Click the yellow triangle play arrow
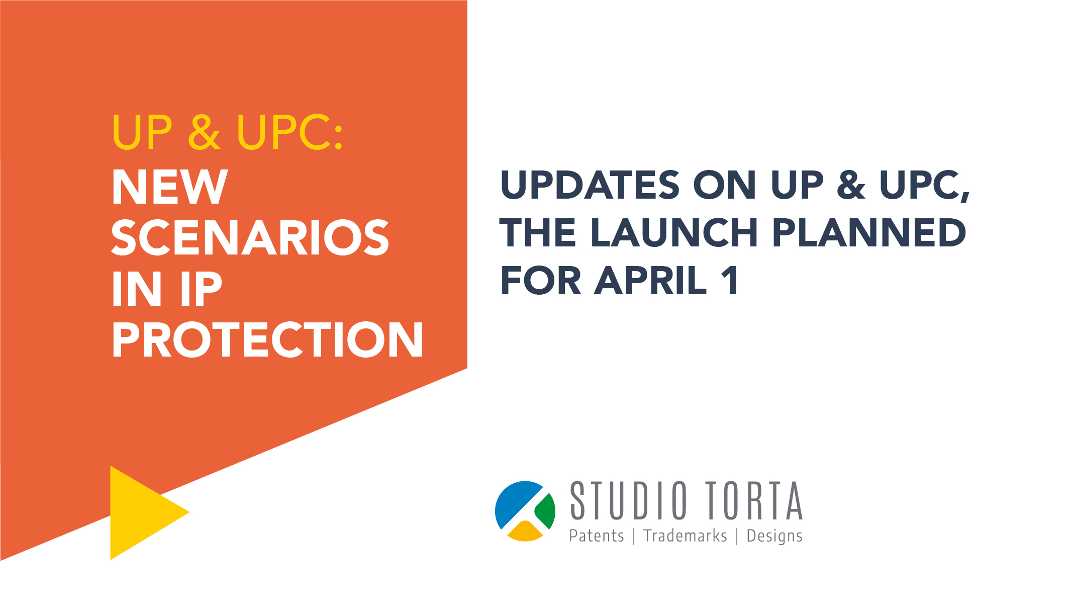(x=143, y=512)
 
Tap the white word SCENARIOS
(x=250, y=238)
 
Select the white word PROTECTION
(x=267, y=340)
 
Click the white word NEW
(x=170, y=187)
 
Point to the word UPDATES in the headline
(x=590, y=185)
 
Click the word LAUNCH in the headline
(x=674, y=233)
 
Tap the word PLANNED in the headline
(x=869, y=233)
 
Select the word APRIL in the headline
(x=651, y=281)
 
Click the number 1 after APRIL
(x=730, y=281)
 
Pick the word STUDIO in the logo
(x=628, y=500)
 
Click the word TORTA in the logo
(x=753, y=500)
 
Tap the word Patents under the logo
(x=597, y=536)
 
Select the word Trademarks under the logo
(x=686, y=536)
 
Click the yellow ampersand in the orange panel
(x=204, y=132)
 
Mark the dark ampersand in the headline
(x=851, y=185)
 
